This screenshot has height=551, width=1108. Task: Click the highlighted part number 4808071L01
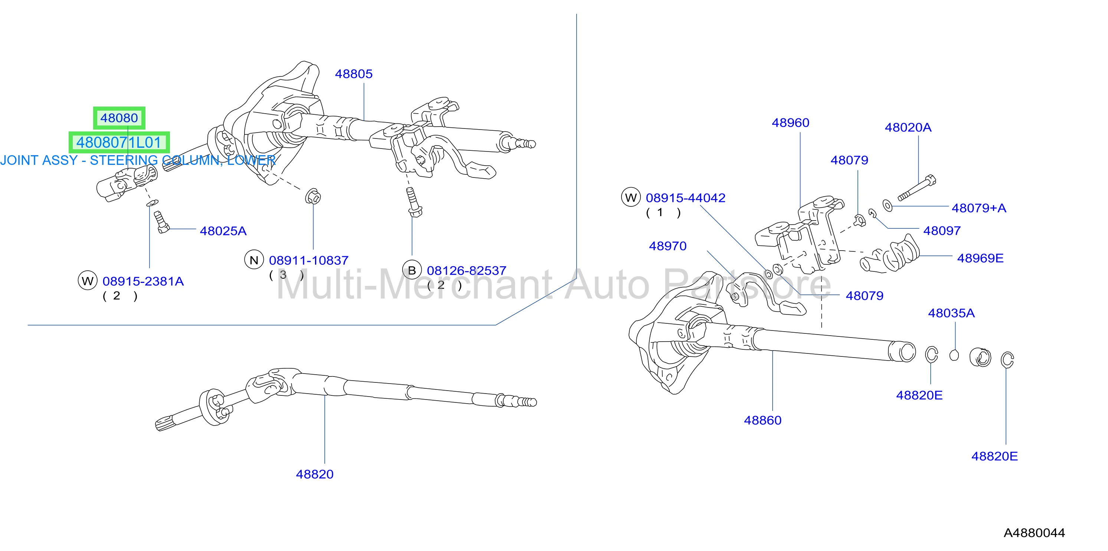119,143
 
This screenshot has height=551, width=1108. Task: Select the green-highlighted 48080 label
119,118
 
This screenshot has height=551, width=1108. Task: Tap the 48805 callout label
354,74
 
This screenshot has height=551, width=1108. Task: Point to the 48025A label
223,231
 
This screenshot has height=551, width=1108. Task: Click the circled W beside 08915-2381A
87,281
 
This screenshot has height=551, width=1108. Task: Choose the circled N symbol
254,260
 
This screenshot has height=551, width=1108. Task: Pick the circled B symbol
412,270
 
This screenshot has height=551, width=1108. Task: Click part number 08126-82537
467,271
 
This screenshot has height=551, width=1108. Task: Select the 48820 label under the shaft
315,475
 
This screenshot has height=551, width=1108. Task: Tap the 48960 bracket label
791,123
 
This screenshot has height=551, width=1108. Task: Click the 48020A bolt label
908,127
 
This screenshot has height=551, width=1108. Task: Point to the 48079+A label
979,208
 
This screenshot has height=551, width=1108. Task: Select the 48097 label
942,231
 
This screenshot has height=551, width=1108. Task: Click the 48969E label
980,258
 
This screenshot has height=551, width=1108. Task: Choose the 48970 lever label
668,246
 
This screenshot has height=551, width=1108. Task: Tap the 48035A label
951,313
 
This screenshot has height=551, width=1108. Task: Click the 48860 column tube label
763,421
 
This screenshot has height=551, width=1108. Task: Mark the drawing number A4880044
1034,533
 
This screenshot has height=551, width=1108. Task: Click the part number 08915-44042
686,198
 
